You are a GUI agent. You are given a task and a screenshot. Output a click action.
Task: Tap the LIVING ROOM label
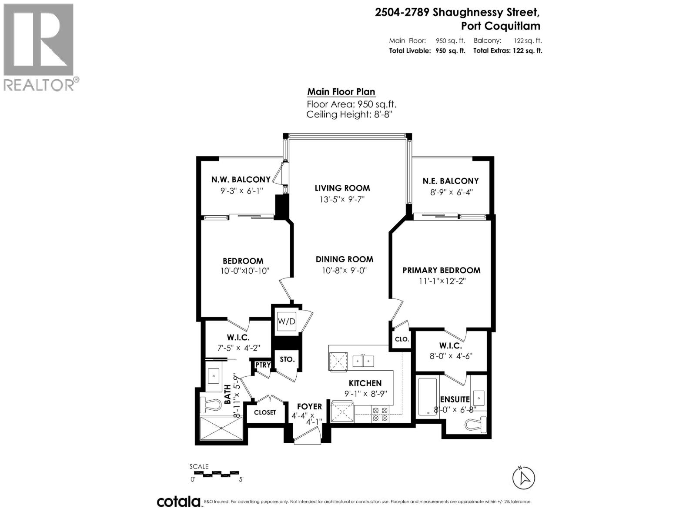tap(342, 188)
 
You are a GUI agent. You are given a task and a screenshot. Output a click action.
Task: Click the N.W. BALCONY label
tap(241, 179)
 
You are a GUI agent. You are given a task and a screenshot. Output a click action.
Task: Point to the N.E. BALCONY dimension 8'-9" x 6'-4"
tap(451, 192)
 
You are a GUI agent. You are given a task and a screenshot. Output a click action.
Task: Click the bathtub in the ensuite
tap(427, 396)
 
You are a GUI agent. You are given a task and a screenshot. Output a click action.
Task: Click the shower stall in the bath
tap(221, 428)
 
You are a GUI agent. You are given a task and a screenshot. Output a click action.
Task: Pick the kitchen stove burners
tap(380, 414)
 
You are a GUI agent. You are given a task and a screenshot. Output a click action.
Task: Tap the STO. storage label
tap(287, 359)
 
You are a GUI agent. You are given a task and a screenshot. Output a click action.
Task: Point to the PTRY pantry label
tap(263, 365)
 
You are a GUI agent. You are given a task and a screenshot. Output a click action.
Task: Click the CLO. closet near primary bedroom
tap(402, 339)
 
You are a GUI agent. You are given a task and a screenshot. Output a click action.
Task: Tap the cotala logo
tap(179, 502)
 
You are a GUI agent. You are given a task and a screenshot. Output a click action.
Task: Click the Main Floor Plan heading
tap(341, 92)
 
